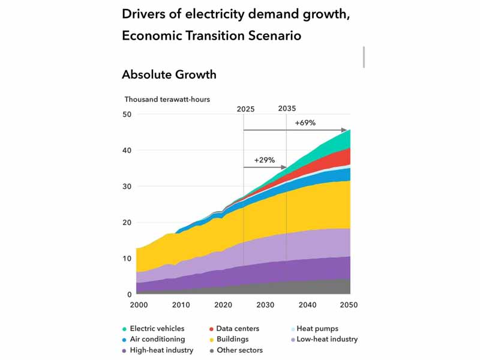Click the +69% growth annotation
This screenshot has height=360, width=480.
pos(305,123)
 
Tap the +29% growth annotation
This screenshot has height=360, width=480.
pos(264,160)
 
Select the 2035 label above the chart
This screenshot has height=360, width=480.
pos(287,109)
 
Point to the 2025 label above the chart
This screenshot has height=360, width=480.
pos(245,109)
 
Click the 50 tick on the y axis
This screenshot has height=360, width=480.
pos(127,115)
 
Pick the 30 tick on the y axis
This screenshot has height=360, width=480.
pos(127,187)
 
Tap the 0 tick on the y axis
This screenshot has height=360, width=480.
pos(130,295)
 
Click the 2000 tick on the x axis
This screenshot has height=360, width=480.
pos(139,305)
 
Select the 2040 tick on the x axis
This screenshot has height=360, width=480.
pos(307,305)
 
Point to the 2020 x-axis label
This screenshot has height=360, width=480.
pos(223,305)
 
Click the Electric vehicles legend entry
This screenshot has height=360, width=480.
pos(153,329)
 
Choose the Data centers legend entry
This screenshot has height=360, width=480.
pos(234,329)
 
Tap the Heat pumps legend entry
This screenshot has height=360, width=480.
pos(314,329)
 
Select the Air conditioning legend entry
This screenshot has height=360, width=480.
pos(154,339)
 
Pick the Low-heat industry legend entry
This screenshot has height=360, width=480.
pos(324,339)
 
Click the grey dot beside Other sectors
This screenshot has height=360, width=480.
pos(212,351)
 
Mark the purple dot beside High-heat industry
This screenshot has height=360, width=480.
pos(124,351)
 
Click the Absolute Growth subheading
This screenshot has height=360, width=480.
pos(169,74)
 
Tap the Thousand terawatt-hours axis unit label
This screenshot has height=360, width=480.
pos(167,99)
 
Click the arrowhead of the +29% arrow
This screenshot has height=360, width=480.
pos(284,167)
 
